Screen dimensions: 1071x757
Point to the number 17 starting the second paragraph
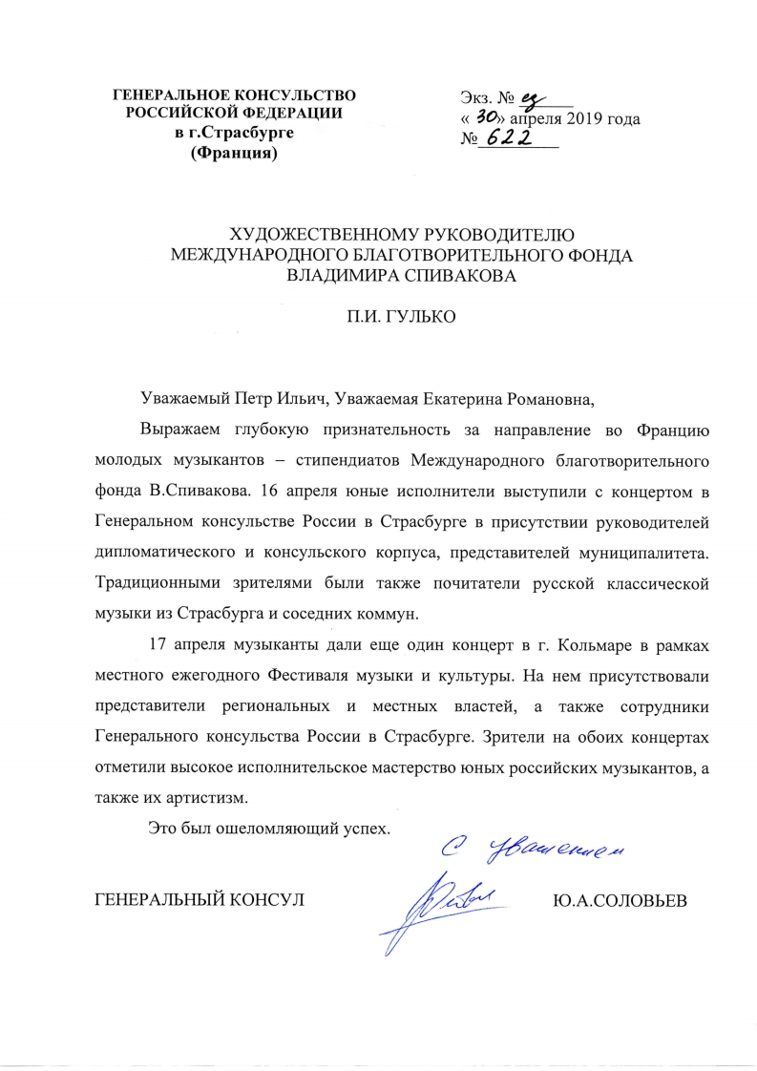coord(160,646)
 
